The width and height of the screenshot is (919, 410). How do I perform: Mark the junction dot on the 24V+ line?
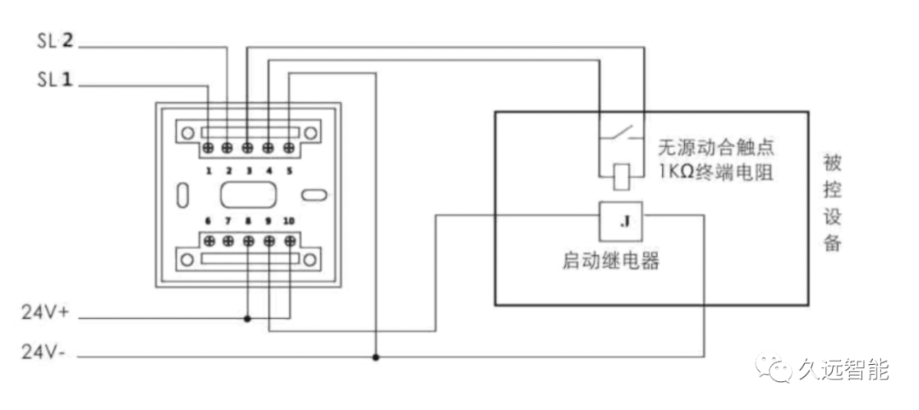pos(248,319)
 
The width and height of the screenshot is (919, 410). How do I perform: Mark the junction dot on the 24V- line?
pos(375,356)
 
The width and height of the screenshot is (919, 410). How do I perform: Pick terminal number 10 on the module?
pos(289,221)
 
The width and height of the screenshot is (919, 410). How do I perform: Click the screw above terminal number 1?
pos(208,148)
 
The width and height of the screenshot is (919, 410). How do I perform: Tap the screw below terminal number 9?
pos(269,241)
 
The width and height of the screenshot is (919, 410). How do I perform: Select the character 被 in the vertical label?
pos(832,162)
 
